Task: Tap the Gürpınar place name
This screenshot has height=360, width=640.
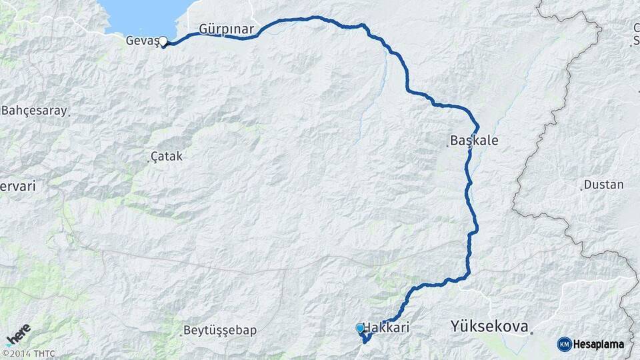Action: tap(226, 29)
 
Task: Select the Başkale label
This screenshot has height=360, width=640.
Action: tap(474, 141)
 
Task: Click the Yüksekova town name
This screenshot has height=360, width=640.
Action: tap(489, 327)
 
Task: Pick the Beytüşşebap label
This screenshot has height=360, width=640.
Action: tap(221, 330)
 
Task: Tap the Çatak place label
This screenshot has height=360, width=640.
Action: tap(167, 156)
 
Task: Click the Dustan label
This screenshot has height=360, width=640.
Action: tap(604, 185)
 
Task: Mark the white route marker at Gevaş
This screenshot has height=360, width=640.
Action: tap(163, 41)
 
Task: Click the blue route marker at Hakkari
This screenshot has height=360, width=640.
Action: tap(360, 328)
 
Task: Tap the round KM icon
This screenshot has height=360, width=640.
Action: tap(564, 344)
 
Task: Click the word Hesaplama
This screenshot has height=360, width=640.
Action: tap(598, 344)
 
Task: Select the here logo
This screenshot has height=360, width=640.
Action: tap(18, 334)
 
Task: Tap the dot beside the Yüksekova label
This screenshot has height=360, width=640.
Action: tap(532, 331)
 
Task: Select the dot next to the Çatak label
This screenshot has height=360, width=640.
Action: tap(147, 161)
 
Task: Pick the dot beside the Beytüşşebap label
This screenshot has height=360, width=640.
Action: tap(181, 335)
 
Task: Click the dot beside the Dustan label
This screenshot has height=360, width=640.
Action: tap(581, 189)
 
